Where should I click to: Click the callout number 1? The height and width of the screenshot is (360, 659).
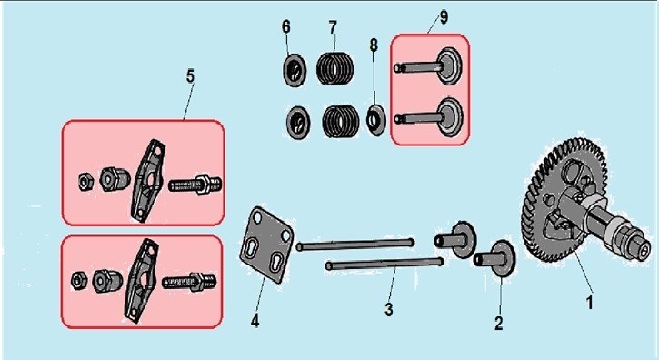pyautogui.click(x=589, y=302)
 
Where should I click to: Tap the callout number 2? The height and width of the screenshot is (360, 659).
pyautogui.click(x=498, y=323)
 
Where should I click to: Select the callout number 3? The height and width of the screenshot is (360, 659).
pyautogui.click(x=389, y=309)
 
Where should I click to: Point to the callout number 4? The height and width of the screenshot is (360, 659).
pyautogui.click(x=255, y=321)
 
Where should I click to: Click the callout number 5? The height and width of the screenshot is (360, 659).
pyautogui.click(x=190, y=76)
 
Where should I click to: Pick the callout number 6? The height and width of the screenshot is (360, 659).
pyautogui.click(x=285, y=27)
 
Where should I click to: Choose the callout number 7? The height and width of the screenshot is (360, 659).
pyautogui.click(x=333, y=28)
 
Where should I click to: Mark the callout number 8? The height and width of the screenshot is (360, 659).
pyautogui.click(x=374, y=45)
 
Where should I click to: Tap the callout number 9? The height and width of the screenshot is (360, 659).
pyautogui.click(x=444, y=17)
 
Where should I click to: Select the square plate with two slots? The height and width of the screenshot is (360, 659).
pyautogui.click(x=266, y=245)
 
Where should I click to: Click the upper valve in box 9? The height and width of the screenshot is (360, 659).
pyautogui.click(x=428, y=65)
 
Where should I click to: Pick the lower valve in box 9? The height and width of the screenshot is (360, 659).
pyautogui.click(x=429, y=117)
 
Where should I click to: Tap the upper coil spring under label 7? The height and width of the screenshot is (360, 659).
pyautogui.click(x=335, y=68)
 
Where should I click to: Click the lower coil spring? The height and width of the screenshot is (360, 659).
pyautogui.click(x=341, y=121)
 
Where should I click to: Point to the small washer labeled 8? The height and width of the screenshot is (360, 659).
pyautogui.click(x=375, y=119)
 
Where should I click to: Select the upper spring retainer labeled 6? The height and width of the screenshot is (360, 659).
pyautogui.click(x=295, y=70)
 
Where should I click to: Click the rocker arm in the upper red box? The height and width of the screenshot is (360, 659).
pyautogui.click(x=148, y=181)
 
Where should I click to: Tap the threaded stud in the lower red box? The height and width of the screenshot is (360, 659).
pyautogui.click(x=190, y=282)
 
